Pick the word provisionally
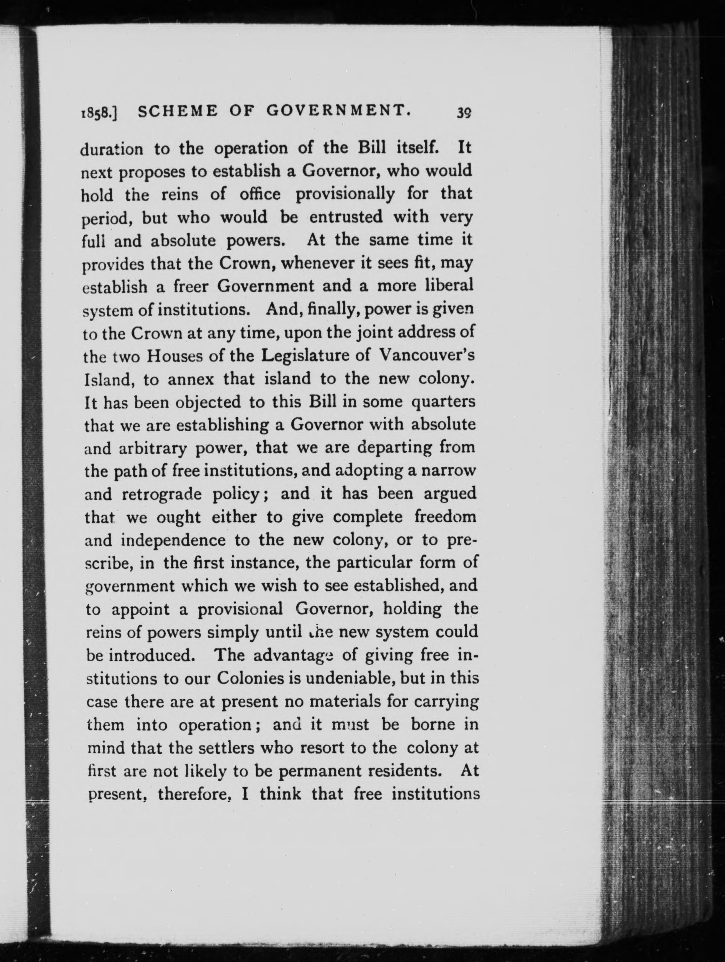click(x=345, y=194)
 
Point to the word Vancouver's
click(x=427, y=355)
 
